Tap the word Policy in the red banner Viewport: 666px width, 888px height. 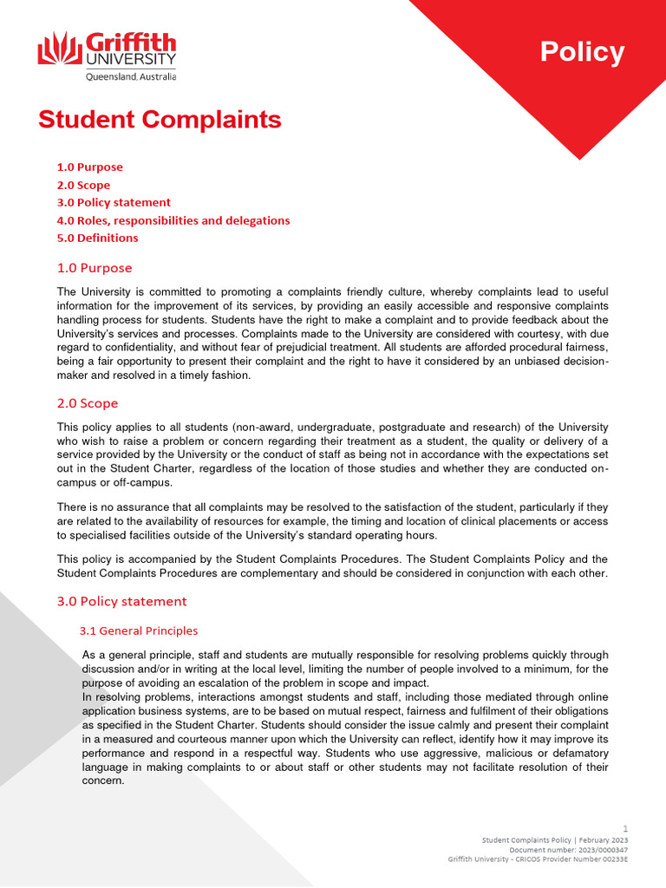tap(582, 52)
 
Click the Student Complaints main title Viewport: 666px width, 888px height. tap(160, 120)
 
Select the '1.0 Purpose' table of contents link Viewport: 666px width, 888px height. tap(89, 167)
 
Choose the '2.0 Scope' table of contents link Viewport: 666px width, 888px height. tap(83, 185)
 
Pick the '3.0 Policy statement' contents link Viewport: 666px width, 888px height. tap(114, 203)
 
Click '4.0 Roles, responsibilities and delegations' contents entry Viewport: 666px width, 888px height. tap(173, 220)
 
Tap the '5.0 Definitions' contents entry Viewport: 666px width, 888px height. tap(97, 238)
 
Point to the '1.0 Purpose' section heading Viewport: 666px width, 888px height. tap(95, 268)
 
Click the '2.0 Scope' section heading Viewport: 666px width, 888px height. tap(88, 403)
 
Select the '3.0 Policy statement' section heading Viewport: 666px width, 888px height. tap(121, 601)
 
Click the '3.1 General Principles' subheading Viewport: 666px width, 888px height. tap(139, 630)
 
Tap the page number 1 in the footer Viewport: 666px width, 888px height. tap(625, 829)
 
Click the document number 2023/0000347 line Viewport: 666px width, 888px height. tap(568, 850)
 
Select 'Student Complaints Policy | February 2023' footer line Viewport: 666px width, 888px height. tap(555, 840)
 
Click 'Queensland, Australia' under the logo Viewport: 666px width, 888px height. tap(130, 76)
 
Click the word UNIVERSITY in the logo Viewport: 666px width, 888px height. tap(130, 60)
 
